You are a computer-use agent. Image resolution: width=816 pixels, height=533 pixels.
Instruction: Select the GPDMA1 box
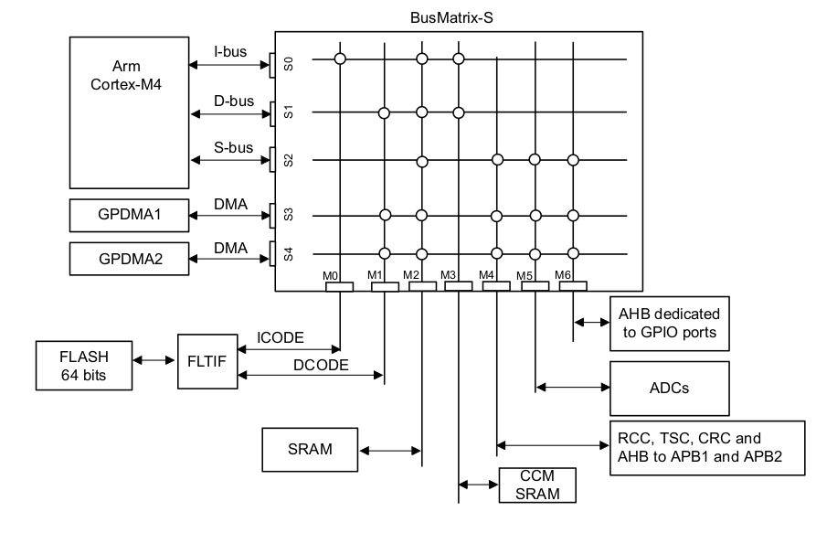coord(128,216)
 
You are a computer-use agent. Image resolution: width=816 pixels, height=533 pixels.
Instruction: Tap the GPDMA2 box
coord(128,259)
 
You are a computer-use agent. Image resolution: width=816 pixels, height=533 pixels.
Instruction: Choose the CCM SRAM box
coord(538,485)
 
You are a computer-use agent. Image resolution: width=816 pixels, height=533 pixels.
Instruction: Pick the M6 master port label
coord(565,273)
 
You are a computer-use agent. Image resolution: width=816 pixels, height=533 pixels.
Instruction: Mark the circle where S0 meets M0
coord(340,59)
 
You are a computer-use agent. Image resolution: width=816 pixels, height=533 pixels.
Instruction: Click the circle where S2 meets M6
coord(573,160)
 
